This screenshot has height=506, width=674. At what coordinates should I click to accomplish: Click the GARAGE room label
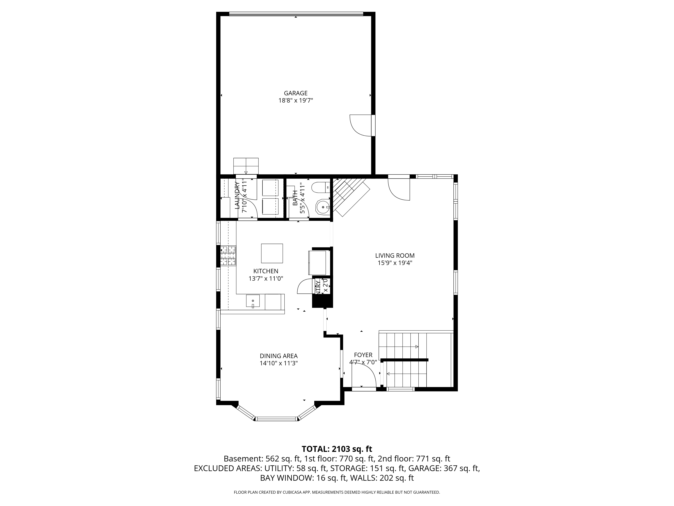click(296, 93)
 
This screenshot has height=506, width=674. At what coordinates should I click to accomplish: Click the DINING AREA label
click(279, 356)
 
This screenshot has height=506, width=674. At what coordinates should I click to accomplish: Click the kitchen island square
click(272, 253)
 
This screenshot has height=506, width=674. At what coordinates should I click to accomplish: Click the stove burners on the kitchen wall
click(228, 255)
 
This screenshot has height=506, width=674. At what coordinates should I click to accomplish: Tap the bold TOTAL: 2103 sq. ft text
click(337, 449)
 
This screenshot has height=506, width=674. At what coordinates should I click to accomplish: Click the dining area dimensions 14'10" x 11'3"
click(279, 363)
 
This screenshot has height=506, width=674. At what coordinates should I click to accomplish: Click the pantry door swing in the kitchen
click(305, 287)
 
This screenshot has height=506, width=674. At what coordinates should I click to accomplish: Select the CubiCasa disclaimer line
click(337, 492)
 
